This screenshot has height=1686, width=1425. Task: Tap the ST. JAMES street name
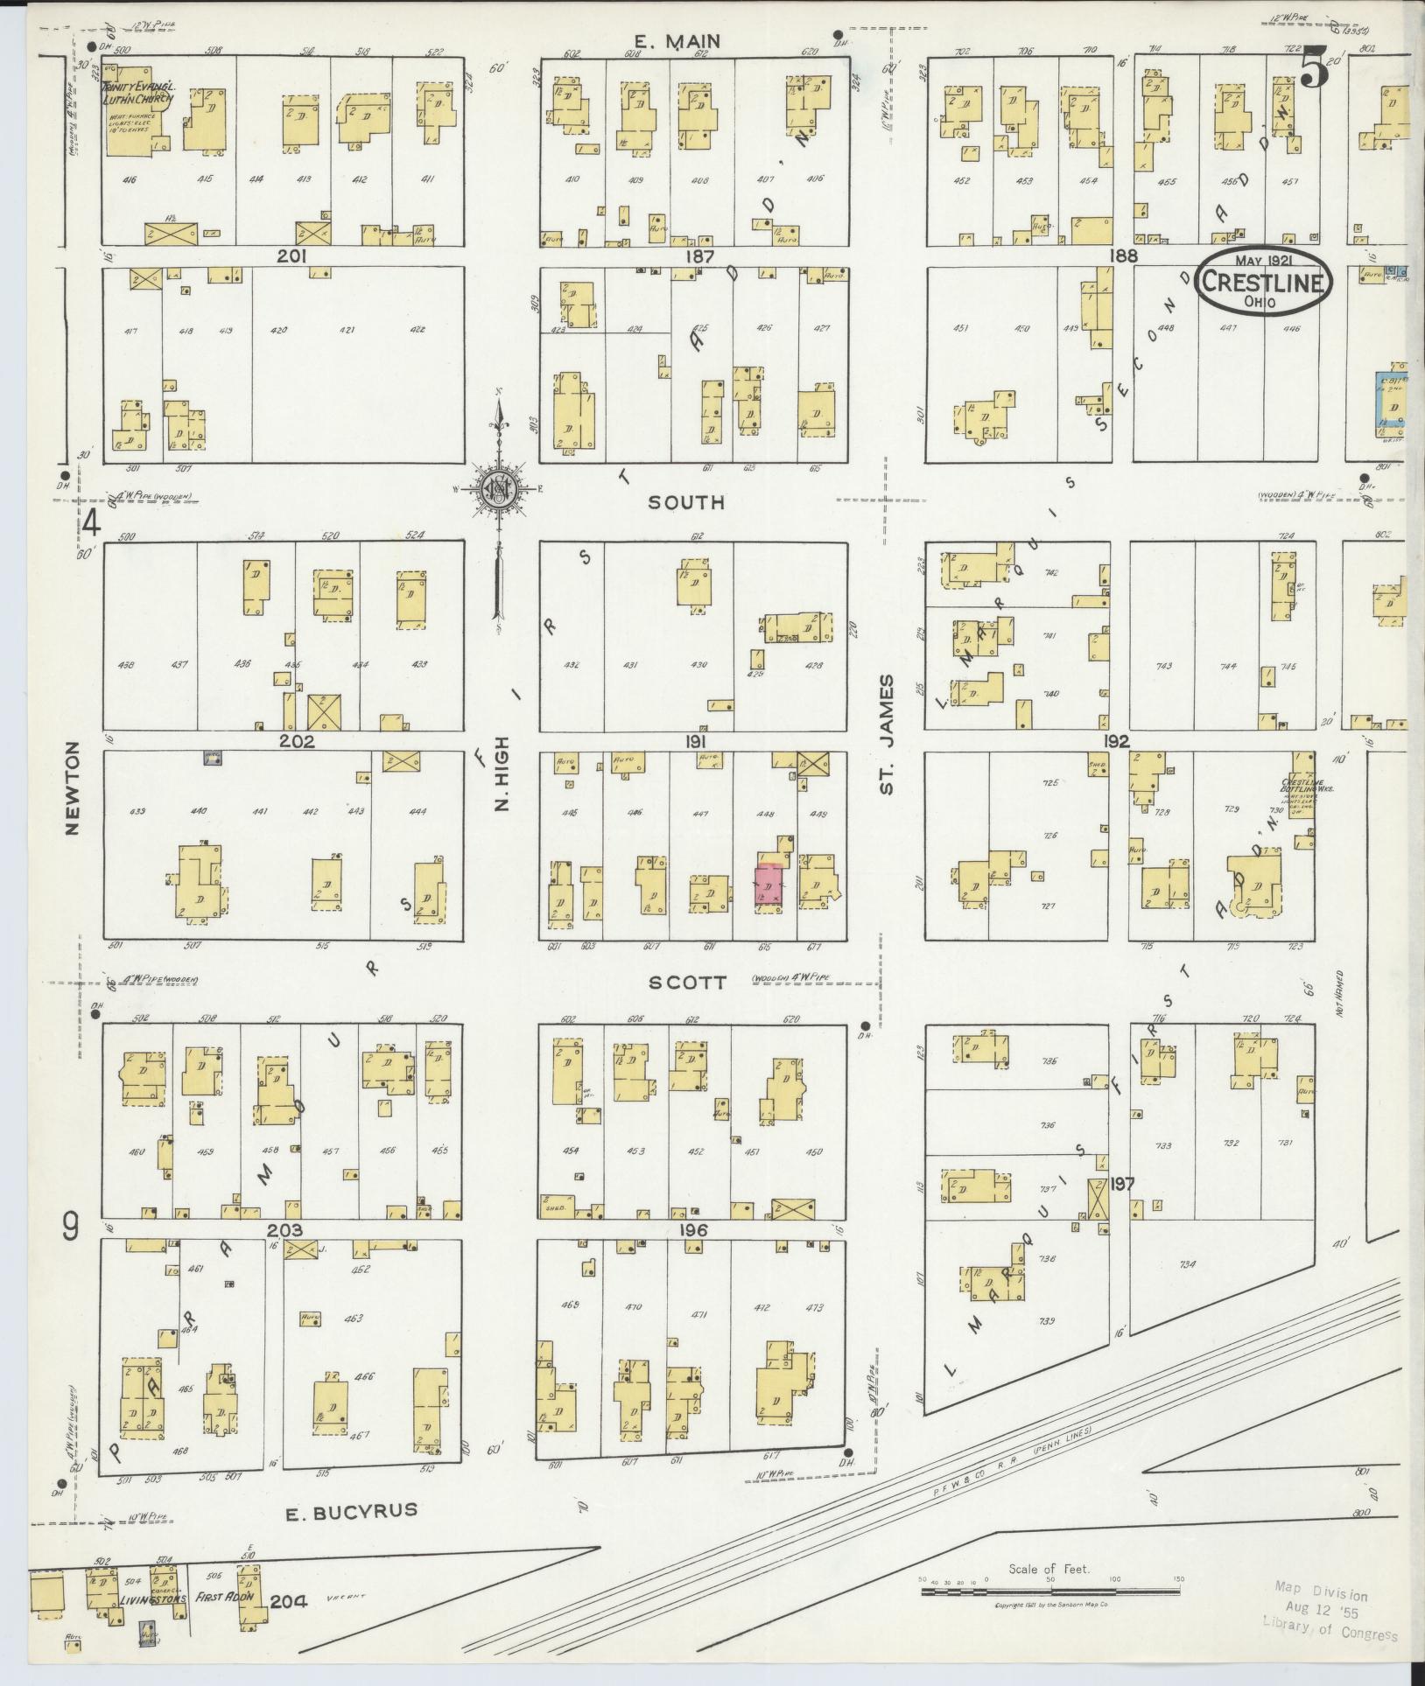(888, 735)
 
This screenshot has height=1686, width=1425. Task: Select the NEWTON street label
(72, 787)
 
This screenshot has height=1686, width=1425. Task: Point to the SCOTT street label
(687, 983)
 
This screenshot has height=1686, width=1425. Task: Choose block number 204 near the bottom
(291, 1601)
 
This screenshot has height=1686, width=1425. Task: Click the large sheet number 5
(1313, 68)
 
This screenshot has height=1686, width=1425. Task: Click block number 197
(1122, 1185)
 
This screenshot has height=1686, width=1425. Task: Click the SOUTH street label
(687, 502)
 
